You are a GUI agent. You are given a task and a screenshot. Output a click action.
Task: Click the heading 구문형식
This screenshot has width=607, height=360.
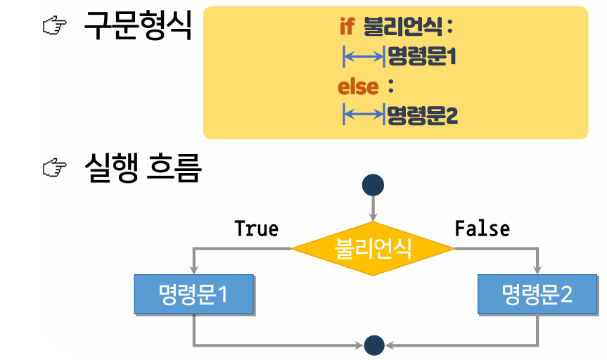click(137, 26)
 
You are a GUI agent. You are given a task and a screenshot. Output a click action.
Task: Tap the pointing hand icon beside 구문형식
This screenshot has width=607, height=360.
click(54, 27)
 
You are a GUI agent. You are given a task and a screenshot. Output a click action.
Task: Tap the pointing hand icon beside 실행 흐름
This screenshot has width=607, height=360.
click(54, 168)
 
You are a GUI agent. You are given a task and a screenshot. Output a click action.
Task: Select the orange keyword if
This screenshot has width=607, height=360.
click(347, 27)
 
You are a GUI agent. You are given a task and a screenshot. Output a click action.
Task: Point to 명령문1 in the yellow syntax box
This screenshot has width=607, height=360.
click(422, 56)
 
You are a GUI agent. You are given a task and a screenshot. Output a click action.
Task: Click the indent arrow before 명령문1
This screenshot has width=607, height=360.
click(364, 56)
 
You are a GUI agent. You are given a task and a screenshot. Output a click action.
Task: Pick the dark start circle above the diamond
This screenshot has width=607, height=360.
click(373, 185)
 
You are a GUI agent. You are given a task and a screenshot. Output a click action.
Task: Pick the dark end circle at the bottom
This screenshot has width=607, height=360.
click(374, 345)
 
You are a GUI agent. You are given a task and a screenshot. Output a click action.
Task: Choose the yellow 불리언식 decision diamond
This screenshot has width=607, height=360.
click(373, 247)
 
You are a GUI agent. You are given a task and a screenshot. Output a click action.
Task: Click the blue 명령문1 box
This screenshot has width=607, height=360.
click(193, 294)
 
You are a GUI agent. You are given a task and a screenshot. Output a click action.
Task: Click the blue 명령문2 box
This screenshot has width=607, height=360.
click(537, 294)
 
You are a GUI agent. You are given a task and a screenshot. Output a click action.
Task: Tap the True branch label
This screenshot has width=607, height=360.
click(256, 229)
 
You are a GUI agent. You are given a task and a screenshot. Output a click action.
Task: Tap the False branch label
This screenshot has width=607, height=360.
click(482, 229)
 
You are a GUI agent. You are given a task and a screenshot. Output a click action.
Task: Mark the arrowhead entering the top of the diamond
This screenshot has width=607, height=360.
click(373, 215)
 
